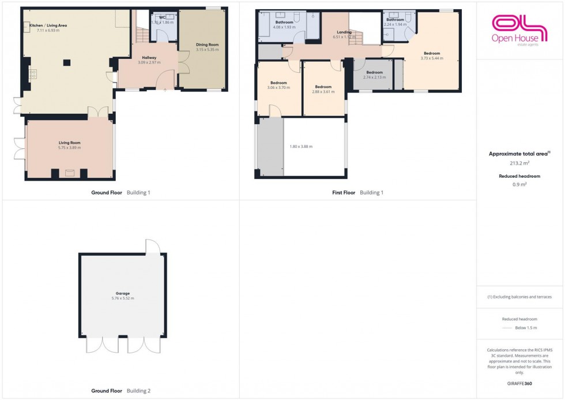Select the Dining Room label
[x=208, y=44]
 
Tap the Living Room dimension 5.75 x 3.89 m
[x=69, y=148]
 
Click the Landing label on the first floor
[x=344, y=32]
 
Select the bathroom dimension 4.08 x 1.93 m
[x=284, y=27]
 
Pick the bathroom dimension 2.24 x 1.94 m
[x=395, y=25]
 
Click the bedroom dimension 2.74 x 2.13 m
[x=374, y=77]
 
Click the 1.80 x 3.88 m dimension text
[x=300, y=147]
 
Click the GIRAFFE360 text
[x=519, y=383]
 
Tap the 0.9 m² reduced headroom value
[x=519, y=185]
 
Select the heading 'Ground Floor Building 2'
[x=120, y=391]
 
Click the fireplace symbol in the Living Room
[x=69, y=172]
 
